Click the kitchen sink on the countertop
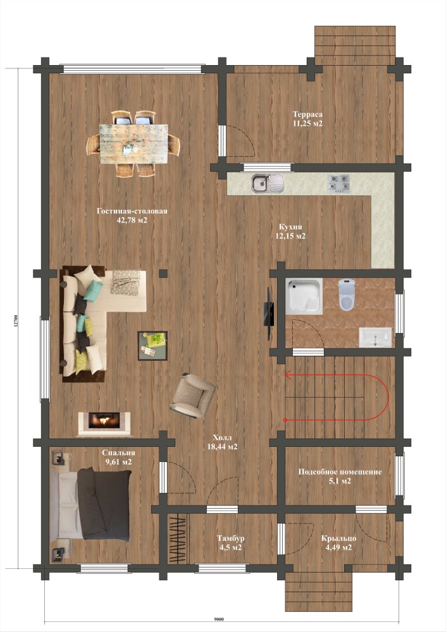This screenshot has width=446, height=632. [268, 183]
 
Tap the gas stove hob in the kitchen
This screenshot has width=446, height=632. [338, 183]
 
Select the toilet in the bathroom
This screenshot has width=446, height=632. [347, 295]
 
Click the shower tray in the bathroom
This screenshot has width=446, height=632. [304, 296]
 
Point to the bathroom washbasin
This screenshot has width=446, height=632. [375, 337]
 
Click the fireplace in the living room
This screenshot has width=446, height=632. [104, 423]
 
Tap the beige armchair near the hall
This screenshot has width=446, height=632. [192, 396]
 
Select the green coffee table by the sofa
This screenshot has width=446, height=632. [152, 346]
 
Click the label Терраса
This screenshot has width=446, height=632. [307, 114]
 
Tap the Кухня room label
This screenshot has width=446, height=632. [290, 227]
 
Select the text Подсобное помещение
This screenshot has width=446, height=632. [340, 471]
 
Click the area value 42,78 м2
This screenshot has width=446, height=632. [132, 220]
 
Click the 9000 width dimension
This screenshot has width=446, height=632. [219, 619]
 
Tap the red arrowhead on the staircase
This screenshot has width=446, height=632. [288, 375]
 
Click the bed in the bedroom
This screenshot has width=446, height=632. [91, 504]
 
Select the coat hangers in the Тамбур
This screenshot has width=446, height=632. [177, 538]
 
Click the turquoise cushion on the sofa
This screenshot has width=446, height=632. [93, 291]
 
